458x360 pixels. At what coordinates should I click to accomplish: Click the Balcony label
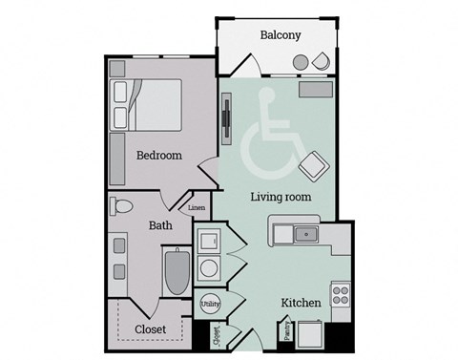pyautogui.click(x=281, y=35)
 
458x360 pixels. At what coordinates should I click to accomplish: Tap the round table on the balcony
pyautogui.click(x=301, y=63)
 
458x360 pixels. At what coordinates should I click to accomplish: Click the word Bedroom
pyautogui.click(x=158, y=156)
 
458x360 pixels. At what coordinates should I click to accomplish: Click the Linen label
pyautogui.click(x=196, y=207)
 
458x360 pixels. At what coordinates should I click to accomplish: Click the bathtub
pyautogui.click(x=177, y=272)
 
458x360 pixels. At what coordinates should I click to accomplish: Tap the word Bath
pyautogui.click(x=160, y=226)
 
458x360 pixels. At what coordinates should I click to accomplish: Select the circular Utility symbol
pyautogui.click(x=209, y=304)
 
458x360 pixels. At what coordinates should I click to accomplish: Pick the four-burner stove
pyautogui.click(x=339, y=294)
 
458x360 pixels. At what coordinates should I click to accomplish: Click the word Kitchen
pyautogui.click(x=300, y=303)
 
